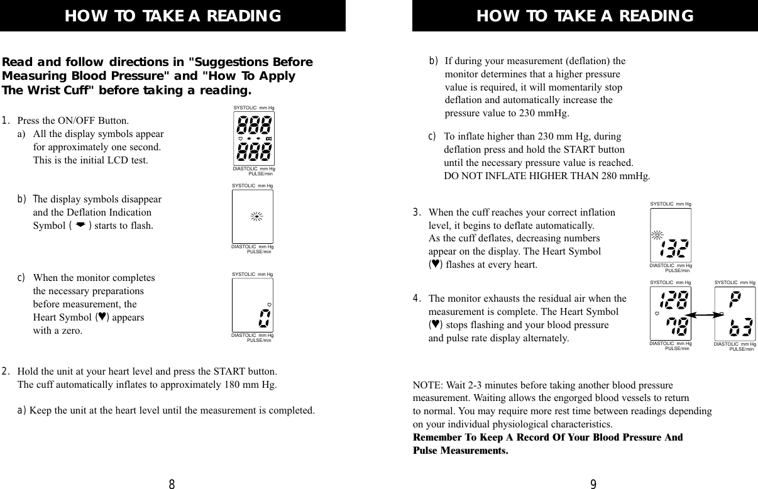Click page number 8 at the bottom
[x=172, y=484]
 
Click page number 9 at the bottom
[x=593, y=484]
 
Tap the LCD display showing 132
[x=670, y=236]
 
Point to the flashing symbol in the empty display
[x=256, y=217]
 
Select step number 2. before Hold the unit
[x=6, y=372]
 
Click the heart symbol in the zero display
[x=269, y=287]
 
